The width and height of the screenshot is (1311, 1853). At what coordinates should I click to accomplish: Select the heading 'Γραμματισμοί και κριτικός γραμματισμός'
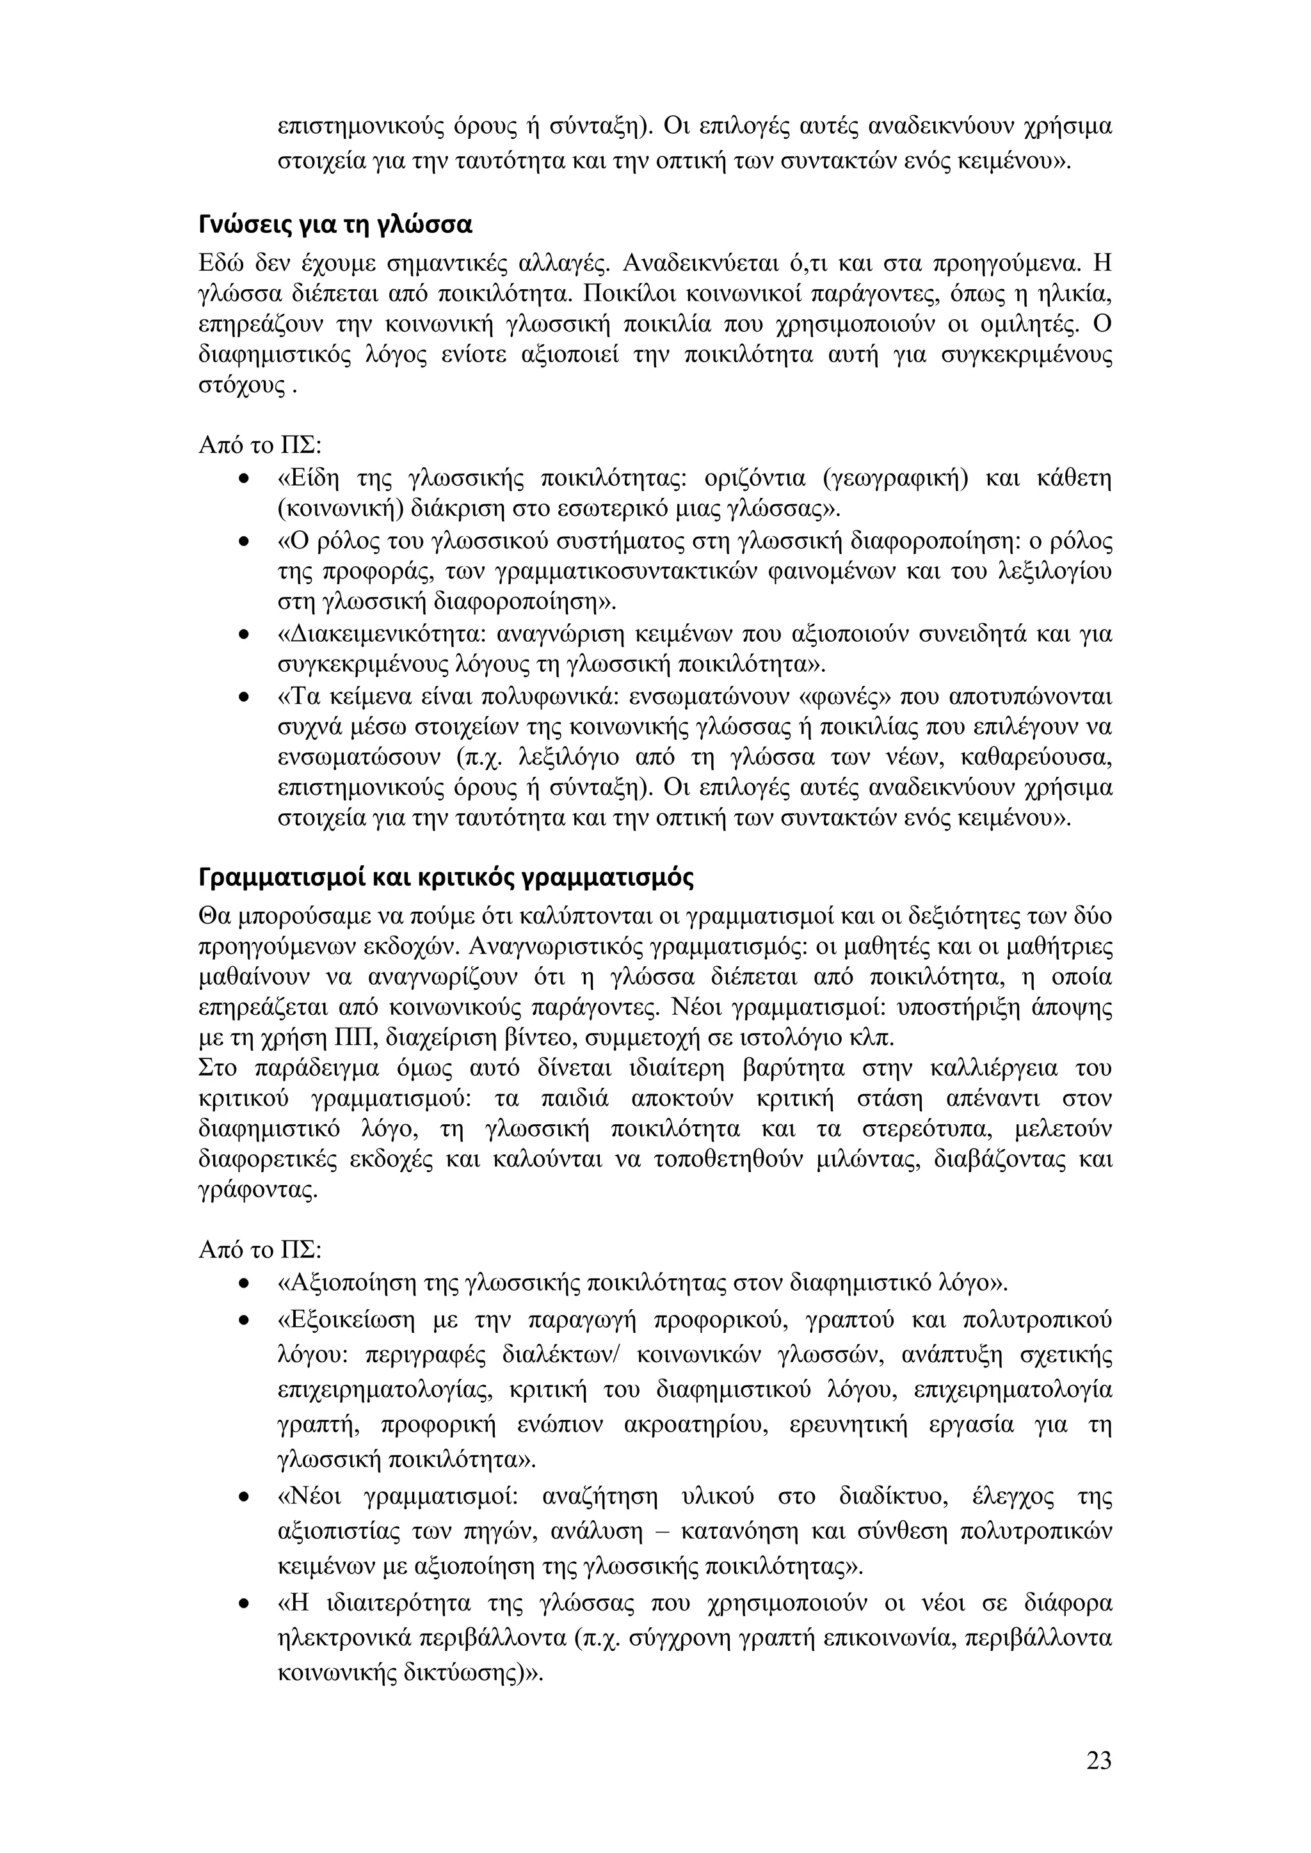(x=446, y=877)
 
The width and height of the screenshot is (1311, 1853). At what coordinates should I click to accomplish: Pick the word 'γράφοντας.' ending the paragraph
(x=257, y=1190)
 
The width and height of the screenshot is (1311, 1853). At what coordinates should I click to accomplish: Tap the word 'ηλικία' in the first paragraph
(x=1076, y=293)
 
